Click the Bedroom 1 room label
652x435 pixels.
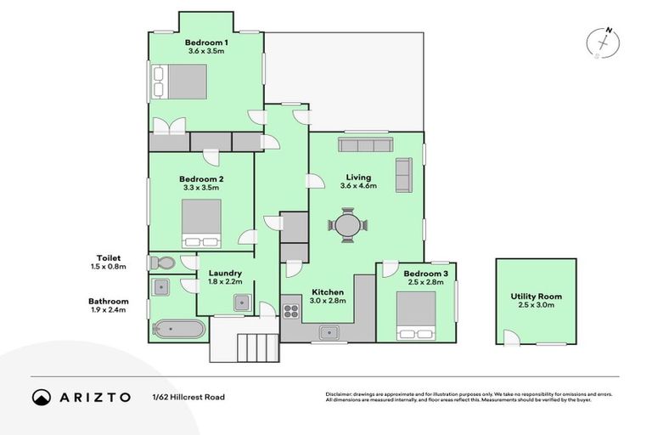[x=206, y=42]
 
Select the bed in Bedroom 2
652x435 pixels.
[x=202, y=222]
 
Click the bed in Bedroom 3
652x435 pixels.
[x=416, y=315]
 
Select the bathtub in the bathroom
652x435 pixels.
[x=178, y=329]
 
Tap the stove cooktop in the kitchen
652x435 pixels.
[x=291, y=310]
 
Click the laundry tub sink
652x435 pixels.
[x=243, y=302]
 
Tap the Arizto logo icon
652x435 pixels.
[x=42, y=397]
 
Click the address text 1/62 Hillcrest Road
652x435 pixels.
[x=188, y=397]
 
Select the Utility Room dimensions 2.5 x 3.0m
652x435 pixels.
[x=536, y=306]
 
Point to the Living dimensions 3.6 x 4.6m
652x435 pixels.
[x=357, y=186]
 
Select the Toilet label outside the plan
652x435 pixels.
[x=109, y=257]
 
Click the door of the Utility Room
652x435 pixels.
[x=509, y=338]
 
